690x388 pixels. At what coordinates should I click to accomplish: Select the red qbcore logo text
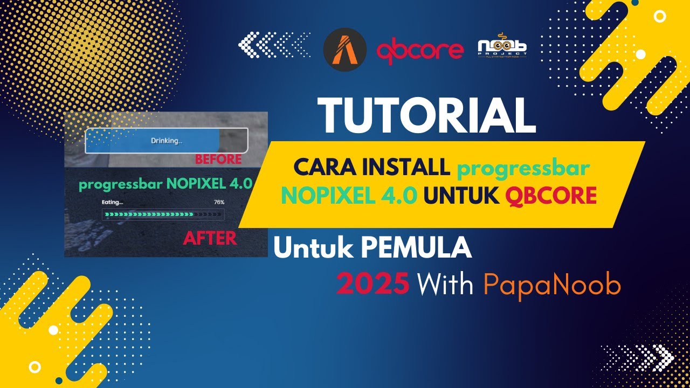(x=420, y=51)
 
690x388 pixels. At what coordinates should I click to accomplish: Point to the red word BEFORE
(x=218, y=160)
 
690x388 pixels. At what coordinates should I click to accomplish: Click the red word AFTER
(x=210, y=238)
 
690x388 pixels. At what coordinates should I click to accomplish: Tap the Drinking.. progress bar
(x=166, y=141)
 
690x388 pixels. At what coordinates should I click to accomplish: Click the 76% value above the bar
(x=219, y=202)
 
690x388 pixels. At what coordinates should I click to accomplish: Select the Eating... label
(x=112, y=202)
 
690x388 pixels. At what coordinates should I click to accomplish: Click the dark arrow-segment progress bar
(x=163, y=214)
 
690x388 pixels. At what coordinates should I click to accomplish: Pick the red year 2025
(x=372, y=284)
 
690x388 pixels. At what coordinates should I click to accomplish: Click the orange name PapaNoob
(x=551, y=285)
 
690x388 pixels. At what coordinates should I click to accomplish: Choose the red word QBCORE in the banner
(x=551, y=196)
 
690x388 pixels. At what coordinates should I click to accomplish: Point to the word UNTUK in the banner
(x=461, y=196)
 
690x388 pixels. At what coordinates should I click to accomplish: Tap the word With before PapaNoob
(x=446, y=285)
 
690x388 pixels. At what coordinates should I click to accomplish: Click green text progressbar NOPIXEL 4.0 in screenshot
(x=165, y=184)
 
